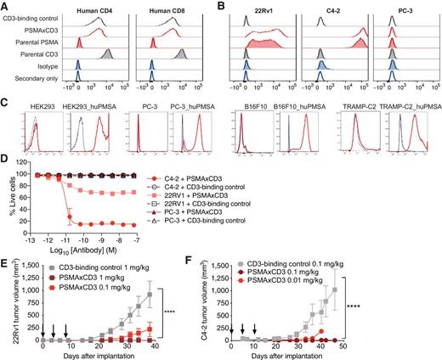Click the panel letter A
[5, 6]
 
